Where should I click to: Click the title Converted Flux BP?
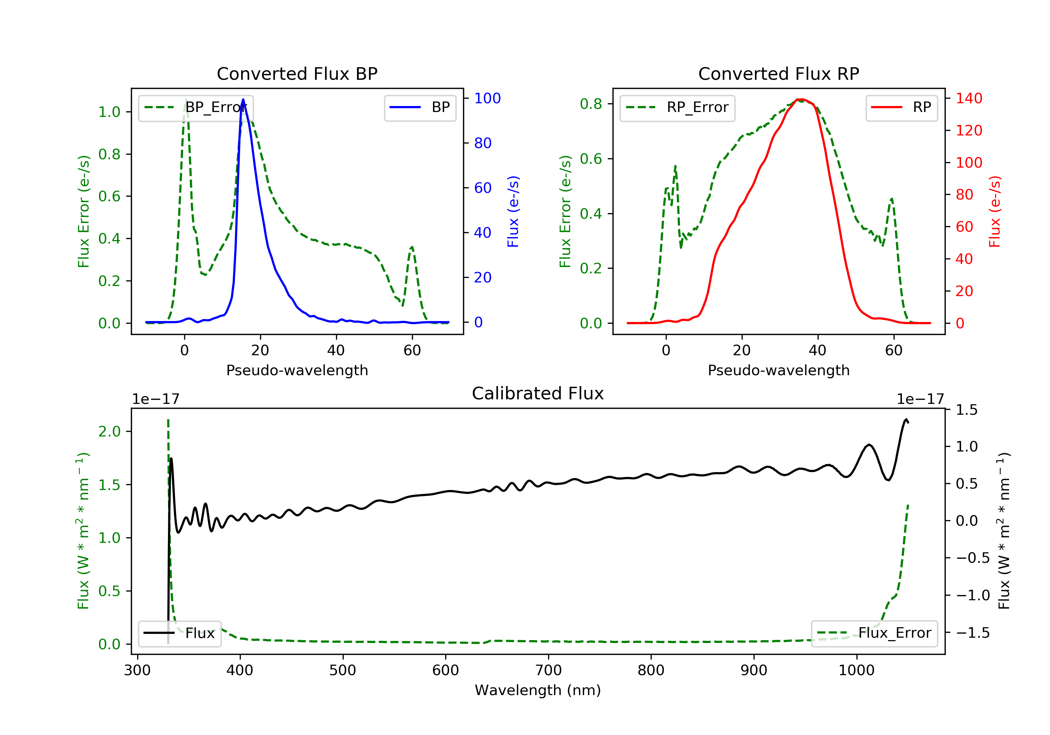pyautogui.click(x=297, y=73)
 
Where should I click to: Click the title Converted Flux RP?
pyautogui.click(x=778, y=73)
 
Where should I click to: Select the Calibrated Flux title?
pyautogui.click(x=538, y=393)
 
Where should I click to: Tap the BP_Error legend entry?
pyautogui.click(x=195, y=107)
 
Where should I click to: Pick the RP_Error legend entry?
pyautogui.click(x=677, y=107)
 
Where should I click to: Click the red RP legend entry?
pyautogui.click(x=901, y=107)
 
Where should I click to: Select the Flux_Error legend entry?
pyautogui.click(x=874, y=633)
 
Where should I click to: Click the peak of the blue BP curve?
pyautogui.click(x=243, y=99)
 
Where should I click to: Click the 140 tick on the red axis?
pyautogui.click(x=968, y=98)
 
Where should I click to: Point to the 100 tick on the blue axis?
pyautogui.click(x=487, y=98)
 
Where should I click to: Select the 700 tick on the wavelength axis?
pyautogui.click(x=548, y=671)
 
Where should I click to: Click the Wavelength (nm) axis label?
pyautogui.click(x=538, y=690)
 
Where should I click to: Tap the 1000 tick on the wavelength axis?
pyautogui.click(x=856, y=671)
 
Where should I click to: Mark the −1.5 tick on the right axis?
pyautogui.click(x=973, y=633)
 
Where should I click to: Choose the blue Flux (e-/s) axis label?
pyautogui.click(x=513, y=212)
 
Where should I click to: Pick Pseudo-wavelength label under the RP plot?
pyautogui.click(x=778, y=370)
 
